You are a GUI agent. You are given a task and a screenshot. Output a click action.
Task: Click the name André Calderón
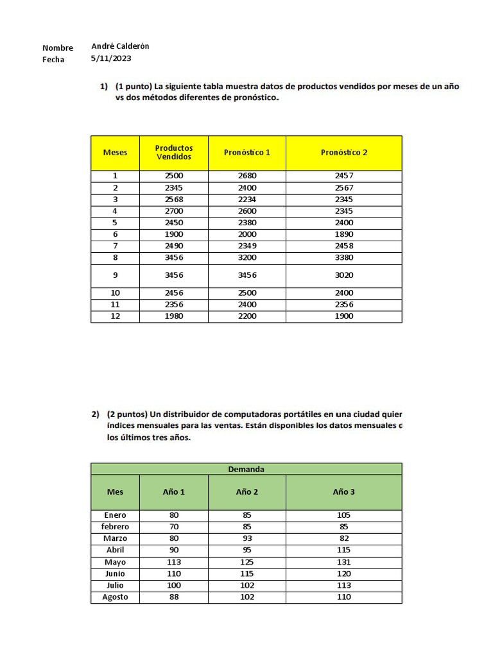tap(121, 47)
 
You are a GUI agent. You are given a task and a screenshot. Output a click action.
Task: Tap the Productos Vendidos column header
tap(174, 153)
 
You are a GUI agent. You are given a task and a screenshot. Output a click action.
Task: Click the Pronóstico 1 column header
tap(247, 153)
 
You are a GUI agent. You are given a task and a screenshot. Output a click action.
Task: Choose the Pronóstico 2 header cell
tap(344, 153)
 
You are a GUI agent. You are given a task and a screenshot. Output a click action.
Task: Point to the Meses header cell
tap(116, 153)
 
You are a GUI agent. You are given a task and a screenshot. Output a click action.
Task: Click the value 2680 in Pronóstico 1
tap(247, 176)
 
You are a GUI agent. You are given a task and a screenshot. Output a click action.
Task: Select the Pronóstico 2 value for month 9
tap(344, 275)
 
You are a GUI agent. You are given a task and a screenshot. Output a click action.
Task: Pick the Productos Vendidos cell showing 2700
tap(174, 211)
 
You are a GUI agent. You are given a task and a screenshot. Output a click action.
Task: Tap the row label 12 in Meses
tap(116, 316)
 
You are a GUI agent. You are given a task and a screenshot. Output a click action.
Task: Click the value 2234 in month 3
tap(247, 200)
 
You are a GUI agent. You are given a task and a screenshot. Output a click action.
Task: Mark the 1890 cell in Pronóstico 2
tap(344, 234)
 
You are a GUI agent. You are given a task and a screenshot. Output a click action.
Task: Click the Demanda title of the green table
tap(246, 469)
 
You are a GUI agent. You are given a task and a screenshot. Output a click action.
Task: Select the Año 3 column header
tap(344, 492)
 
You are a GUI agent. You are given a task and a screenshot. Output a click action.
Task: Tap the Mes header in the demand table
tap(116, 492)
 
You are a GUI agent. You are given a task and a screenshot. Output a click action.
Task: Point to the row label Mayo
tap(116, 562)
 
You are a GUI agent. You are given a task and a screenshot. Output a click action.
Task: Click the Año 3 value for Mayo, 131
tap(344, 562)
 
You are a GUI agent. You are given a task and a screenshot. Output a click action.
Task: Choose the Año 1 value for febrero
tap(174, 527)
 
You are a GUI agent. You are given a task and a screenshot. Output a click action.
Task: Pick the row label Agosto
tap(116, 597)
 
